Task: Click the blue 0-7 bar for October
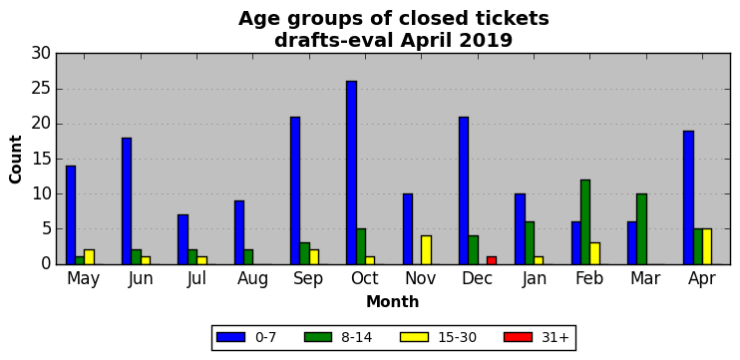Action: click(352, 173)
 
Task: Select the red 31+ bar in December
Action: click(492, 260)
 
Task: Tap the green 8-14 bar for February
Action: click(585, 222)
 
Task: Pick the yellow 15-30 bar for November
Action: click(426, 250)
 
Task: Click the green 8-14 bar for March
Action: click(641, 228)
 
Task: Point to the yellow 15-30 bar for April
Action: click(707, 246)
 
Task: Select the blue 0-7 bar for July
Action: click(184, 239)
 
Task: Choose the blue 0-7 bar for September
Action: click(295, 190)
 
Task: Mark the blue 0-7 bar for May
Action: click(71, 215)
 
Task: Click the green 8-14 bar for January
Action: click(529, 243)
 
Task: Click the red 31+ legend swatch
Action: click(518, 337)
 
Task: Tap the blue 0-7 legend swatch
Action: click(230, 337)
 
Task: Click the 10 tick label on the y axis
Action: click(41, 193)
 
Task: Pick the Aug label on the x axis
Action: click(252, 279)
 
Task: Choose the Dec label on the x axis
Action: click(477, 278)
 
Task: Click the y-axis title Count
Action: click(16, 159)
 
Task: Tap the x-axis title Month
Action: click(393, 301)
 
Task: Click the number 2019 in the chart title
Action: click(490, 41)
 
